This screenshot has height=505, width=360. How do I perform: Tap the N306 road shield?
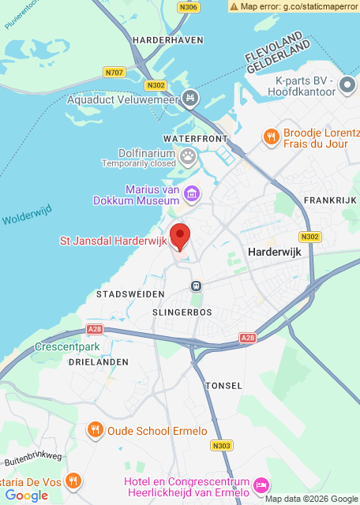(x=189, y=6)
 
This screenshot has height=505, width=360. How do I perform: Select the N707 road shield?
(x=114, y=73)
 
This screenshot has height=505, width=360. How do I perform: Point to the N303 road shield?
(x=222, y=446)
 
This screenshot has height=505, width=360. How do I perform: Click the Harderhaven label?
(x=168, y=39)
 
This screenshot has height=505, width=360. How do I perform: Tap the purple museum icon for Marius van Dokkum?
(x=191, y=193)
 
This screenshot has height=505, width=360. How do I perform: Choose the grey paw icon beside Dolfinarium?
(x=188, y=156)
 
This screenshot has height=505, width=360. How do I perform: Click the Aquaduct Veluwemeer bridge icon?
(x=189, y=99)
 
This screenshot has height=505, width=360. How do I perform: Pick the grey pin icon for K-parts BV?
(x=347, y=84)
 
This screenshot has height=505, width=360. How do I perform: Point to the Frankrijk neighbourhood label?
(x=331, y=201)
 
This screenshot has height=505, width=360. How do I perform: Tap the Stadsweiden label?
(x=130, y=294)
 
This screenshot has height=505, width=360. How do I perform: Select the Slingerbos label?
(x=182, y=312)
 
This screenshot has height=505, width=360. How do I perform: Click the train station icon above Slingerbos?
(x=196, y=286)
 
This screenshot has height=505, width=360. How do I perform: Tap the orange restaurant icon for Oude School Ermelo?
(x=95, y=431)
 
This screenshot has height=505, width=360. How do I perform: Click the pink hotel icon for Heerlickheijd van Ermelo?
(x=262, y=483)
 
